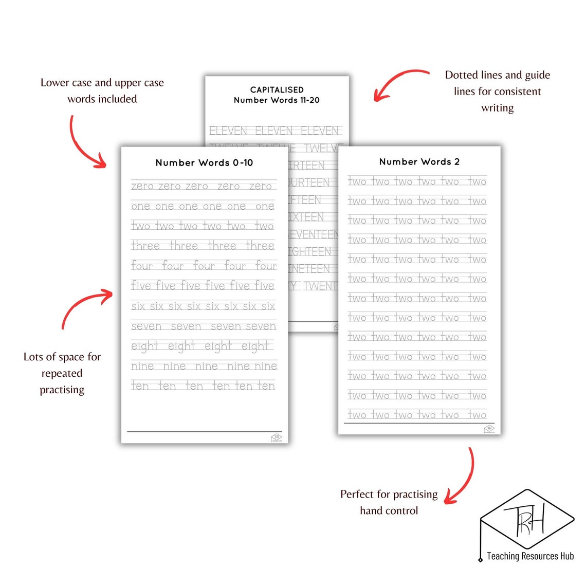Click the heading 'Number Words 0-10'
pos(204,163)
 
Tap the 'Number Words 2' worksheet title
pos(419,162)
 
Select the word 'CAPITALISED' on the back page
pos(277,90)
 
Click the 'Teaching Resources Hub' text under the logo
pos(530,556)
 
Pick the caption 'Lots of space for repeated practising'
pos(62,373)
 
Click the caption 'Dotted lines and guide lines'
pos(497,91)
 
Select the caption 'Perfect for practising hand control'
pos(389,502)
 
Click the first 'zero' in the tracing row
pos(142,186)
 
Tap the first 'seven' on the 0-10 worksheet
pos(146,326)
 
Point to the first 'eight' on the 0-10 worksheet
pos(144,346)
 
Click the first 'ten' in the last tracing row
pos(140,386)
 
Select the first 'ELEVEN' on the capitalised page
pos(228,131)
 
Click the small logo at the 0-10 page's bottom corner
pos(276,437)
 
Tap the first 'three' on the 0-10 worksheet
pos(145,246)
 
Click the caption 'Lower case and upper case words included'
pos(102,91)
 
